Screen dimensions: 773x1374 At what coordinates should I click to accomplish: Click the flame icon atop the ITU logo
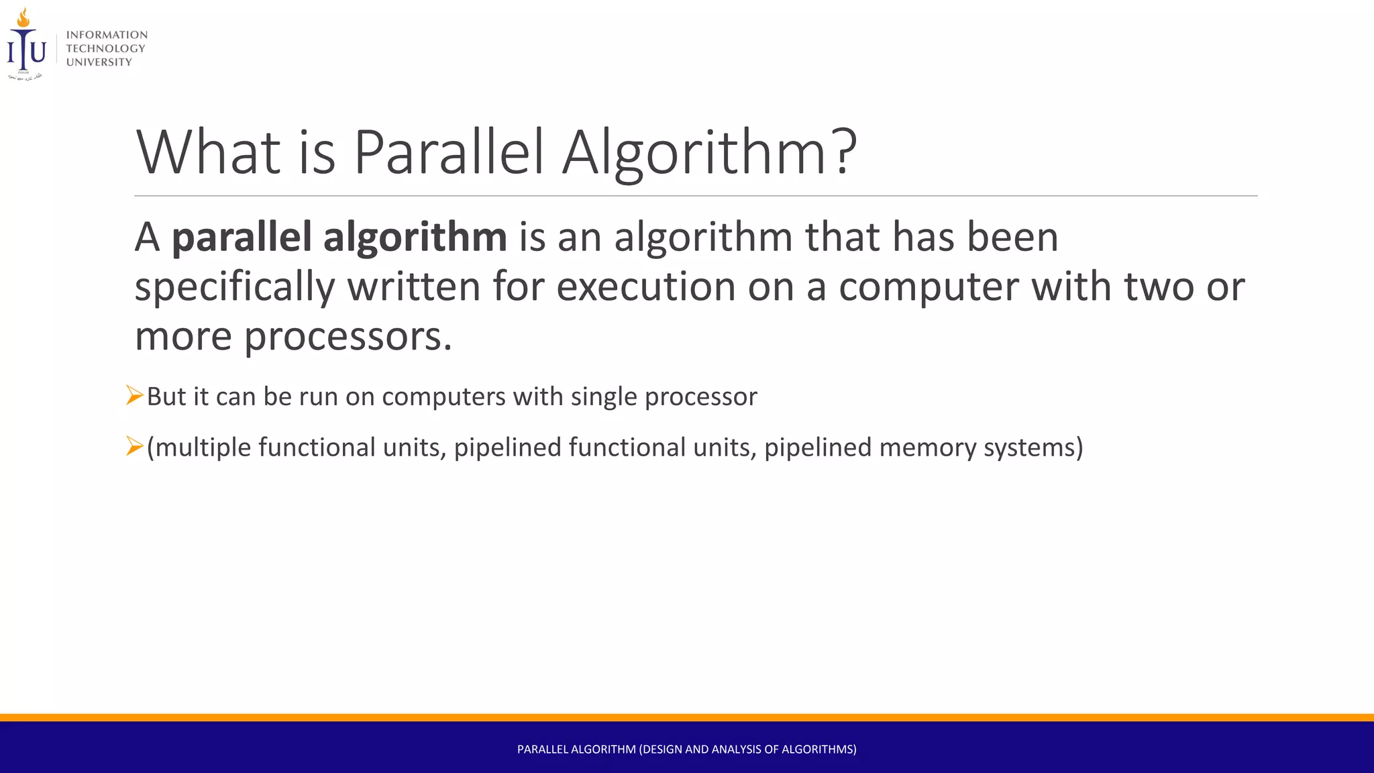(x=23, y=17)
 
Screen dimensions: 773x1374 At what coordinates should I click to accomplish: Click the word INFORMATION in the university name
(x=107, y=35)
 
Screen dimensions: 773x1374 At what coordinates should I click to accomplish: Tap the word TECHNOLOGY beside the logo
(x=105, y=48)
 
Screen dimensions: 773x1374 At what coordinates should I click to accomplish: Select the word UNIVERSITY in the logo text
(x=99, y=62)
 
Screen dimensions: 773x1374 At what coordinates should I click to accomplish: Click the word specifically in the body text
(x=235, y=287)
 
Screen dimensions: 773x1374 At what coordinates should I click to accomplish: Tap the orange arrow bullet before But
(x=134, y=395)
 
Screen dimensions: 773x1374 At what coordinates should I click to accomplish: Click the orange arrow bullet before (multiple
(x=134, y=446)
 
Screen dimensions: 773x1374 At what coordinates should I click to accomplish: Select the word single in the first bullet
(x=604, y=397)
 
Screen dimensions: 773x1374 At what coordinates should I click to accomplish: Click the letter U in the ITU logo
(x=38, y=52)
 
